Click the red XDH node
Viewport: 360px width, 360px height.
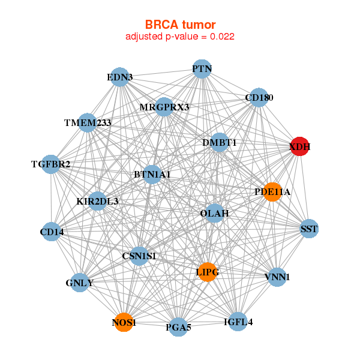(300, 146)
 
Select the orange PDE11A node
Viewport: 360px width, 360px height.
(272, 192)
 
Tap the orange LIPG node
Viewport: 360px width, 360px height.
(208, 272)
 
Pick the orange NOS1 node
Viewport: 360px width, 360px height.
(124, 323)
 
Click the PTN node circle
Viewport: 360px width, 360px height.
(202, 69)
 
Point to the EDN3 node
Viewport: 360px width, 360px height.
(120, 77)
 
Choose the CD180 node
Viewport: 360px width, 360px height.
(259, 98)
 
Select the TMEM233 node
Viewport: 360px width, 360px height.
(88, 123)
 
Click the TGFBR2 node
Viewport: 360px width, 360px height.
(51, 164)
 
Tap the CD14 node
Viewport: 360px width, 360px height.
(52, 232)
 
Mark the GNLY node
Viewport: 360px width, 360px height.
(80, 283)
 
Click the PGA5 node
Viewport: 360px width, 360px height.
(179, 328)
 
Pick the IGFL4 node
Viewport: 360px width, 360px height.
(238, 322)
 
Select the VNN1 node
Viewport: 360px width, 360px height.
(277, 277)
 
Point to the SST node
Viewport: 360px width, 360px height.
(309, 229)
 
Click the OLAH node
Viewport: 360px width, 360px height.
(214, 213)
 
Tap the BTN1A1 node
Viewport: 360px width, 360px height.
(152, 175)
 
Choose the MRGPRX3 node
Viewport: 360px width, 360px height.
(164, 107)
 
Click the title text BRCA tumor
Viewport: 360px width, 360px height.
(180, 25)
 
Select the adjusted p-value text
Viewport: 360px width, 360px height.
(180, 37)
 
